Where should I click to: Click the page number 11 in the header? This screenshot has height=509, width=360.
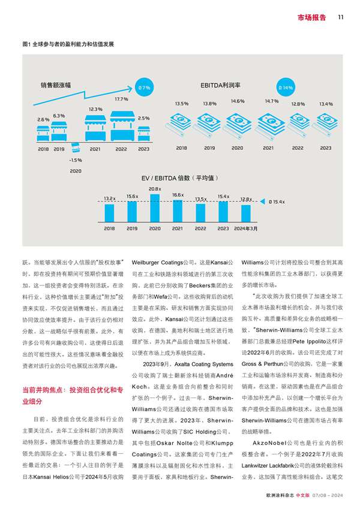(340, 17)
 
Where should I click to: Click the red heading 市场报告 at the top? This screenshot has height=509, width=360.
(312, 17)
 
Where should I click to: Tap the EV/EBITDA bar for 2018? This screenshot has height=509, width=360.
(109, 212)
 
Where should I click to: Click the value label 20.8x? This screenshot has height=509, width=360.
(155, 189)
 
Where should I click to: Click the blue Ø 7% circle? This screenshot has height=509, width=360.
(144, 88)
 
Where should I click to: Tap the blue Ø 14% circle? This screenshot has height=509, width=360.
(287, 88)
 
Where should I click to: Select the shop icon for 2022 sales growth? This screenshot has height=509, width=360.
(121, 125)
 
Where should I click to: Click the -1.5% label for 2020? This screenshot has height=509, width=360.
(75, 160)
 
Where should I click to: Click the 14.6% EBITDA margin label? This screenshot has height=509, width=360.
(238, 101)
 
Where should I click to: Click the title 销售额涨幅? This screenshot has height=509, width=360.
(56, 85)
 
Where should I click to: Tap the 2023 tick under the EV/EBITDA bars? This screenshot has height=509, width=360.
(223, 228)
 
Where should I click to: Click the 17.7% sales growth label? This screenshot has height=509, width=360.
(121, 98)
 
